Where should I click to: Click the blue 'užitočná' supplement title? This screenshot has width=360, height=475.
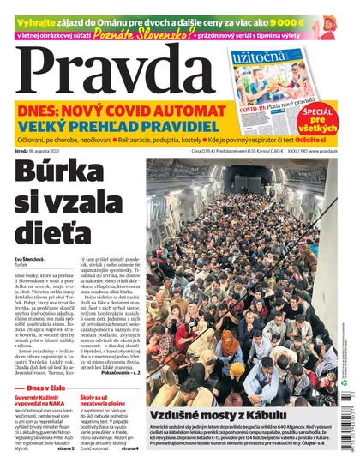262,58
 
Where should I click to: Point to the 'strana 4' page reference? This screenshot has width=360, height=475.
129,448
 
